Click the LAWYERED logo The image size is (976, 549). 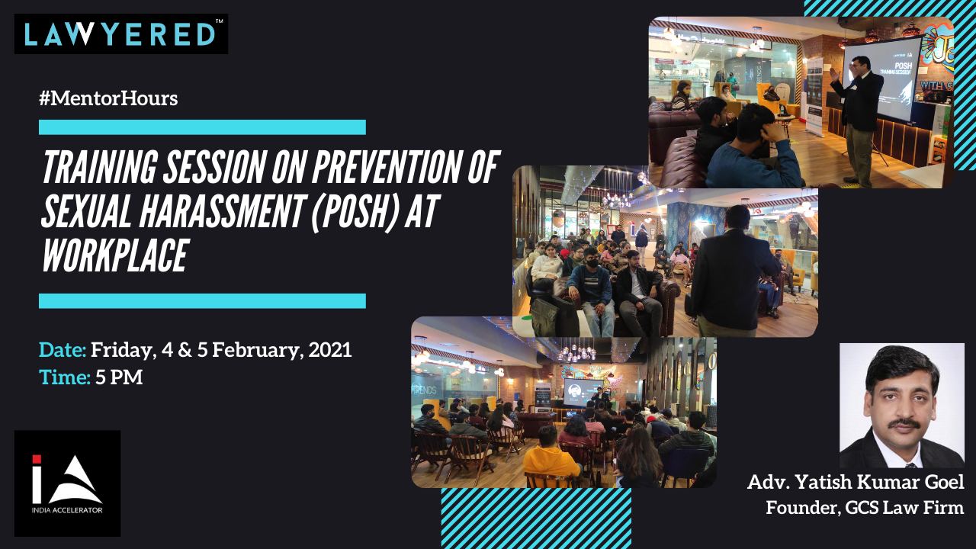121,34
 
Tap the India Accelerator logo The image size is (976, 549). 68,483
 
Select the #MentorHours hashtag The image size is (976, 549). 108,98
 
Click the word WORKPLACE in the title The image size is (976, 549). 115,255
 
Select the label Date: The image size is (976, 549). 63,350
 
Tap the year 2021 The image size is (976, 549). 330,350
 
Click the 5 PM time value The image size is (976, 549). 119,377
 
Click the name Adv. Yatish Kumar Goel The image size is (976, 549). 856,483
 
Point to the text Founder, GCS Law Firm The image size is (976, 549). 865,508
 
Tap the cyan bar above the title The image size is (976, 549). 202,127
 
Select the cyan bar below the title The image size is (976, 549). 202,301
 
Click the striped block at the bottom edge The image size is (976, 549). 536,518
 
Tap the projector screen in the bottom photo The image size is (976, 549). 583,392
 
